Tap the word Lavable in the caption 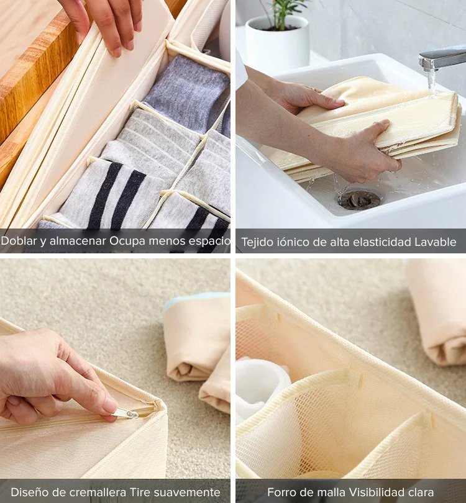(435, 242)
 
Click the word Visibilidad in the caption (360, 492)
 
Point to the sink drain (359, 199)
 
